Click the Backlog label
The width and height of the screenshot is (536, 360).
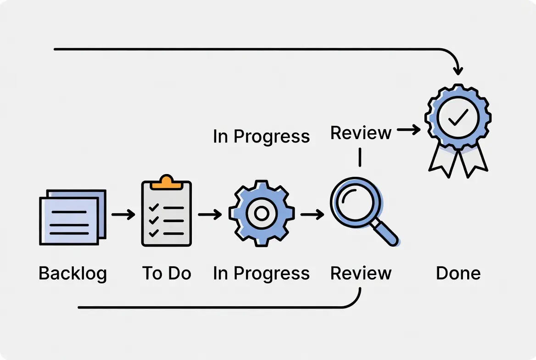coord(73,273)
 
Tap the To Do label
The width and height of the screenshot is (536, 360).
coord(167,273)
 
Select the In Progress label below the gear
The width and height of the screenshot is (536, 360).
coord(261,273)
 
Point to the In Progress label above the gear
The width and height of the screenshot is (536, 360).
coord(261,137)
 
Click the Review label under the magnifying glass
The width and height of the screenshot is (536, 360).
coord(361,273)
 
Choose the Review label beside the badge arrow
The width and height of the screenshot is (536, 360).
coord(361,133)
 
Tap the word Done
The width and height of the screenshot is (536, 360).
coord(458,273)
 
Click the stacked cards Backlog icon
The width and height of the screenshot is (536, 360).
coord(73,217)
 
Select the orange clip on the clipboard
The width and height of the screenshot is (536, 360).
coord(166,182)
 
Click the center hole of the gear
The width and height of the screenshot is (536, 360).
coord(261,214)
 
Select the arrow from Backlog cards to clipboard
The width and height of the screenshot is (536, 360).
coord(123,214)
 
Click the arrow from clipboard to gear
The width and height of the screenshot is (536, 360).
coord(210,214)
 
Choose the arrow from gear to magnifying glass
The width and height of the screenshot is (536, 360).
coord(312,214)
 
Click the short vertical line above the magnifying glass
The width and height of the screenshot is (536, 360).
coord(360,157)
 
